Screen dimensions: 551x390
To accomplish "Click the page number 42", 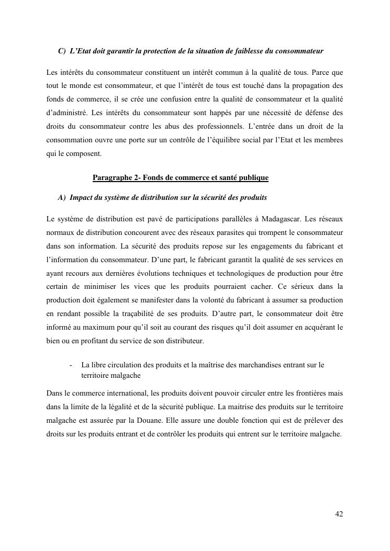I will click(x=339, y=514).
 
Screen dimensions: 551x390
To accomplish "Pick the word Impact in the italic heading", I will click(x=80, y=198).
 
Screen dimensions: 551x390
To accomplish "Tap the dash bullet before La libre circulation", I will click(x=70, y=365).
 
